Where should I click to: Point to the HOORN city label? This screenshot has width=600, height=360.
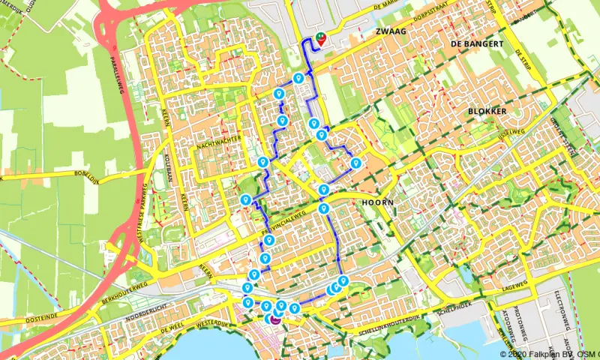(x=376, y=202)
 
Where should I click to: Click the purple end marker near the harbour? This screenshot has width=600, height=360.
(x=275, y=319)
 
